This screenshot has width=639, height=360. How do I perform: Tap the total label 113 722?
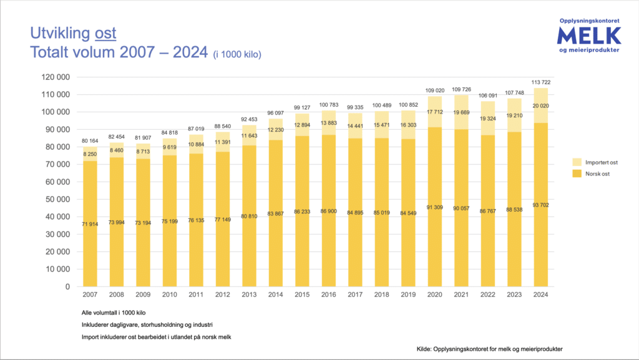541,83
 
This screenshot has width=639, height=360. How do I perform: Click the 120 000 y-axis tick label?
56,77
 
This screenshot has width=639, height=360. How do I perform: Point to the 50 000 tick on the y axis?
58,200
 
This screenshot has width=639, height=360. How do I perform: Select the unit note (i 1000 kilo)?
237,55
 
